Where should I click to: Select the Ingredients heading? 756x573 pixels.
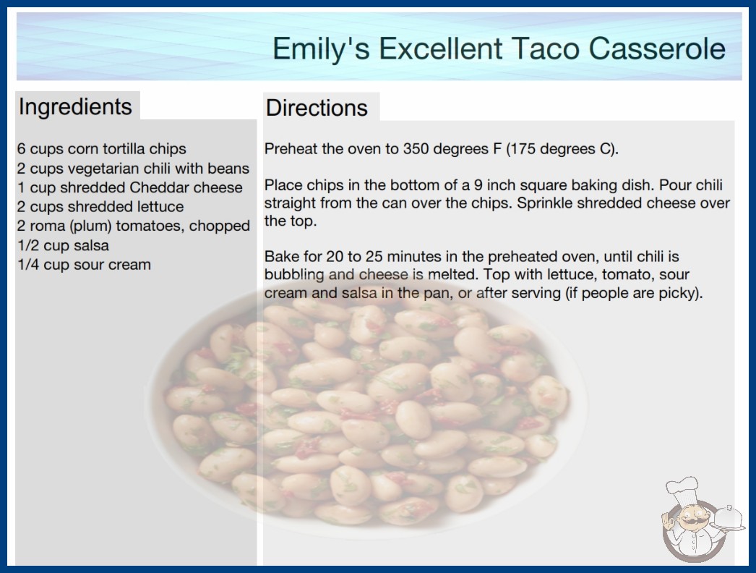click(x=75, y=107)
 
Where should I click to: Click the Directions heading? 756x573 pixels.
click(x=317, y=108)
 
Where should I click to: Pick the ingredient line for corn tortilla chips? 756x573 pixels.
click(x=102, y=149)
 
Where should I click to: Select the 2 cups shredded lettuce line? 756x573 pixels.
click(x=100, y=207)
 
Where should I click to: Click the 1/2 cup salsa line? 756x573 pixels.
click(x=63, y=246)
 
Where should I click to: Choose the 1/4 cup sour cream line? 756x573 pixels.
click(x=85, y=265)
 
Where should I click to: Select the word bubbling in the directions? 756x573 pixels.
click(x=294, y=275)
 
